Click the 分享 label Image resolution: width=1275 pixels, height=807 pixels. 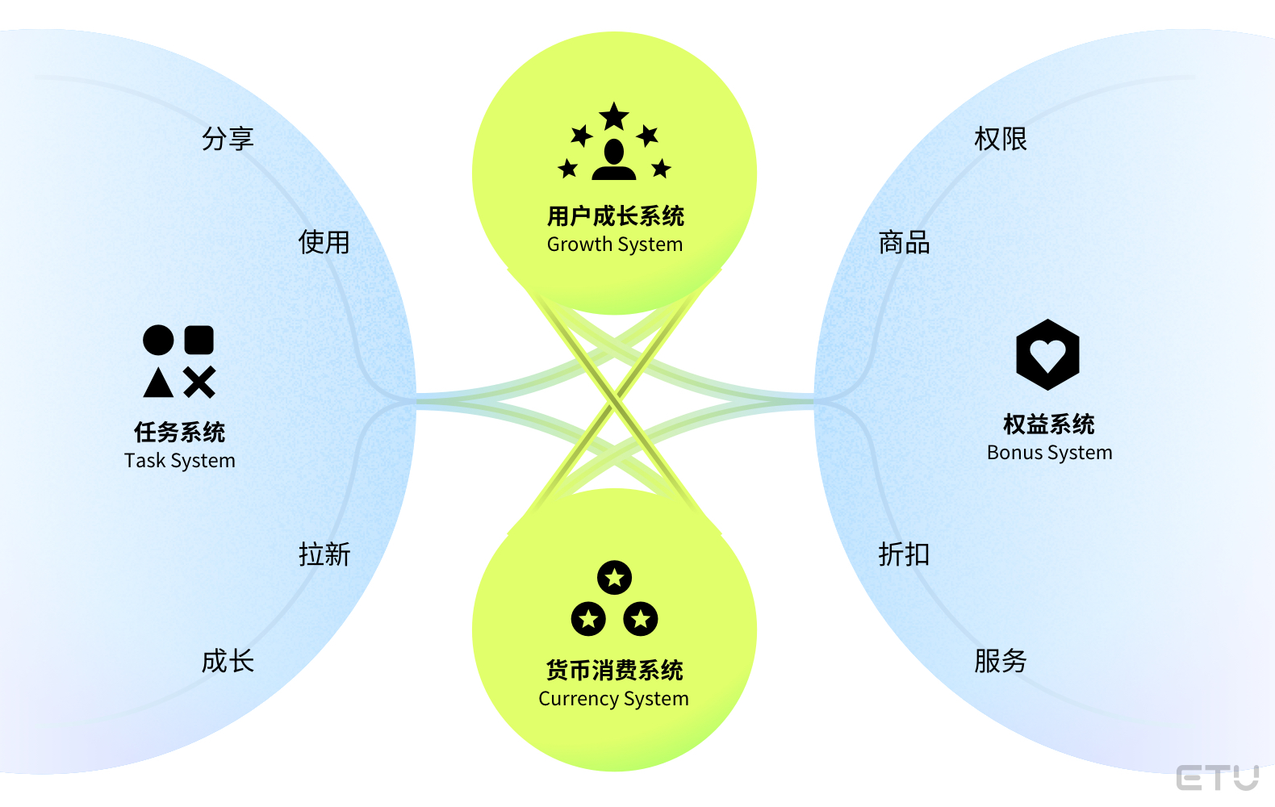228,139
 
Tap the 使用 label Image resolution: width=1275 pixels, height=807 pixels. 324,242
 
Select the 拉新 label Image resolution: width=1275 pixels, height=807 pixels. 324,554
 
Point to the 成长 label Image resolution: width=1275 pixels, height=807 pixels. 228,661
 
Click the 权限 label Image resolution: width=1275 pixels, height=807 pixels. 1001,139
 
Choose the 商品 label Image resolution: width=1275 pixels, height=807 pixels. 904,242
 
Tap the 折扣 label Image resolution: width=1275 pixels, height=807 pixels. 904,554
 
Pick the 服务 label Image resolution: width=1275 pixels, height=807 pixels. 1001,661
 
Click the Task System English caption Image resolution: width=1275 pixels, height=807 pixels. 180,461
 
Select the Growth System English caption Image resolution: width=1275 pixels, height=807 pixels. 615,245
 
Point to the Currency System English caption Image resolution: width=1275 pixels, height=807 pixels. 614,699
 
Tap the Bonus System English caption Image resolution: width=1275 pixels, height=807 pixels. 1049,453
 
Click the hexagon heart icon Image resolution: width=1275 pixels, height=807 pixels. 1047,355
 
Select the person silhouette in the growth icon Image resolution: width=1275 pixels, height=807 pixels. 614,159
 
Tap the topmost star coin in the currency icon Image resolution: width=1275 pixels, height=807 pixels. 615,577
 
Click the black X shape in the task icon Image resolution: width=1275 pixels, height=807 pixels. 199,383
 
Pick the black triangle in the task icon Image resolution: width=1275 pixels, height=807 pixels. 158,383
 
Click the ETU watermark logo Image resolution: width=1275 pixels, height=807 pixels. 1217,778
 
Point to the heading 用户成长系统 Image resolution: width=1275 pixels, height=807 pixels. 615,216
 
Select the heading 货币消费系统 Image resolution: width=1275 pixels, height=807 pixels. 614,671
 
